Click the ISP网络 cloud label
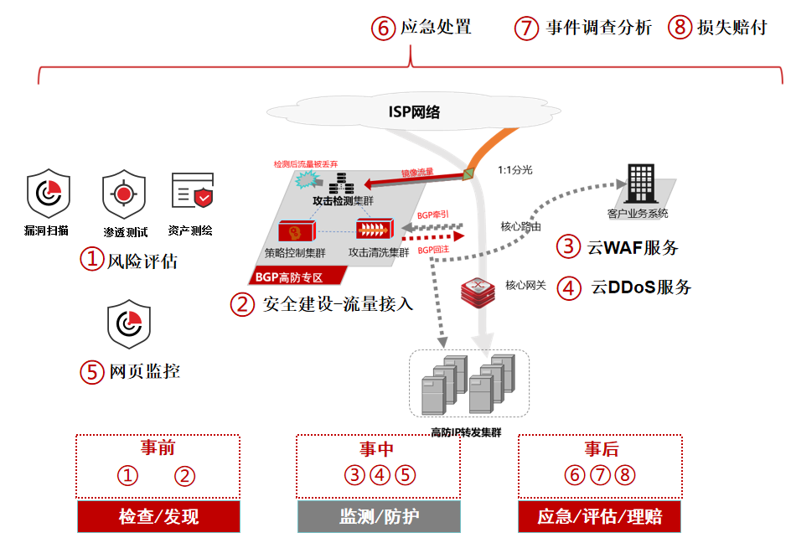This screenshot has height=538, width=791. tap(414, 112)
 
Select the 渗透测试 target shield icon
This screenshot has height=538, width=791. tap(124, 194)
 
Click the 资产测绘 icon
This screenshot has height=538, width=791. tap(192, 192)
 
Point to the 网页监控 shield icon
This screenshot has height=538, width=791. tap(129, 325)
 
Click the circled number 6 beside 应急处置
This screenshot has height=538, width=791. tap(382, 28)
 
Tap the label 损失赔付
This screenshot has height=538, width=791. tap(732, 28)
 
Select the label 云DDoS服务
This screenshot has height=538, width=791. tap(641, 287)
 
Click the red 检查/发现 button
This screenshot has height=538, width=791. tap(158, 516)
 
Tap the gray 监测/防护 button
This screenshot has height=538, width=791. tap(379, 516)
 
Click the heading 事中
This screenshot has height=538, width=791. tap(379, 449)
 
